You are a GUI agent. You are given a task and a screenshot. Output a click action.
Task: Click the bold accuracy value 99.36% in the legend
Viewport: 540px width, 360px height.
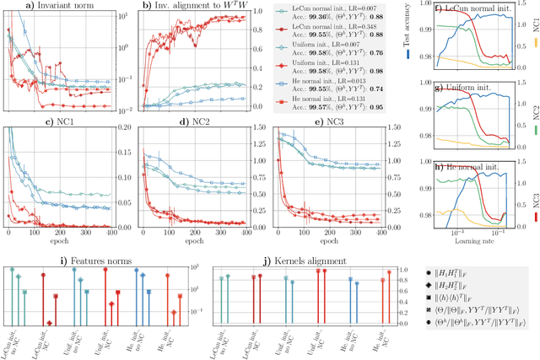[x=317, y=19]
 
